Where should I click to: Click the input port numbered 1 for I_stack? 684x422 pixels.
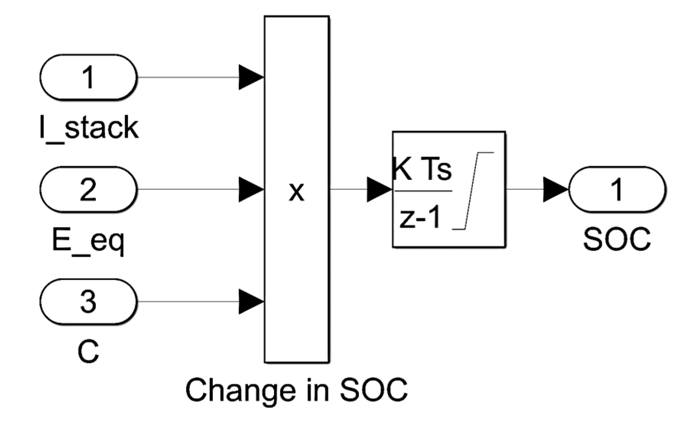click(x=88, y=77)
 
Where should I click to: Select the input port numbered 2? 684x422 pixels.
click(x=88, y=190)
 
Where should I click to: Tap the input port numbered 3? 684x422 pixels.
click(x=88, y=302)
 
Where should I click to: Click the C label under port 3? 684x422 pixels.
click(x=88, y=352)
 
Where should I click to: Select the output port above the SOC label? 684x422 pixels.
click(x=617, y=190)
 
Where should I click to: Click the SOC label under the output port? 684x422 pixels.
click(x=616, y=239)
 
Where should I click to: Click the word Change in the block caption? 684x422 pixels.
click(x=241, y=391)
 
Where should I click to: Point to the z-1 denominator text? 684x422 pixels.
click(x=420, y=218)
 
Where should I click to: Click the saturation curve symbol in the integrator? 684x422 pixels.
click(x=473, y=191)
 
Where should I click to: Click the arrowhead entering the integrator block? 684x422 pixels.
click(x=379, y=190)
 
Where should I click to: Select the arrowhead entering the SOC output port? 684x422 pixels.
click(x=556, y=190)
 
